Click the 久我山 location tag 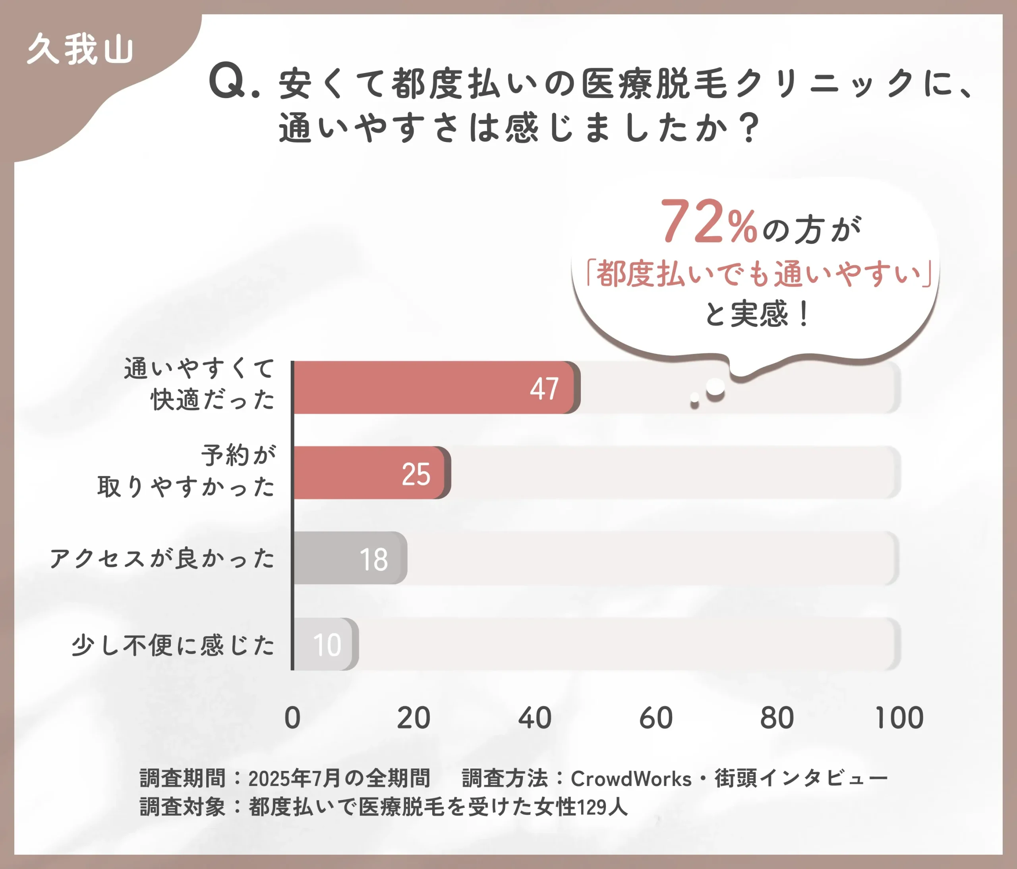(80, 49)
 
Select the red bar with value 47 (432, 387)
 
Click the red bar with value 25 (368, 473)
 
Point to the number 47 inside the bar (544, 389)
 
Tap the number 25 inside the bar (416, 474)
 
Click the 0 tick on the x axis (292, 718)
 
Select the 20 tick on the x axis (413, 718)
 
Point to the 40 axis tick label (534, 718)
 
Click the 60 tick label (656, 718)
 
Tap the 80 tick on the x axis (777, 718)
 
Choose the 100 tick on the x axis (899, 718)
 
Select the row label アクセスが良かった (162, 559)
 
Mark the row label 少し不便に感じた (173, 645)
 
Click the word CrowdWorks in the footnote (631, 779)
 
